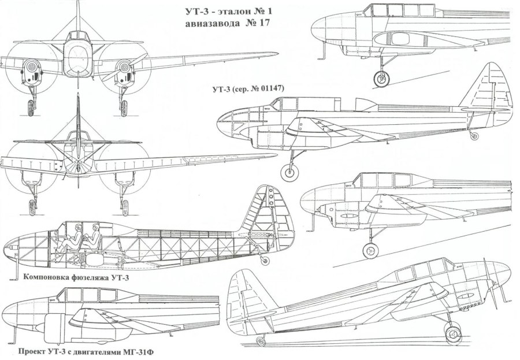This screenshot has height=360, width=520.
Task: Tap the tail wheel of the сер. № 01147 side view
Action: tap(475, 136)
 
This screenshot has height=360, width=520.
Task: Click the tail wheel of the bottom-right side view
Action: tap(261, 340)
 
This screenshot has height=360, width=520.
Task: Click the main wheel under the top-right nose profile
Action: tap(381, 77)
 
